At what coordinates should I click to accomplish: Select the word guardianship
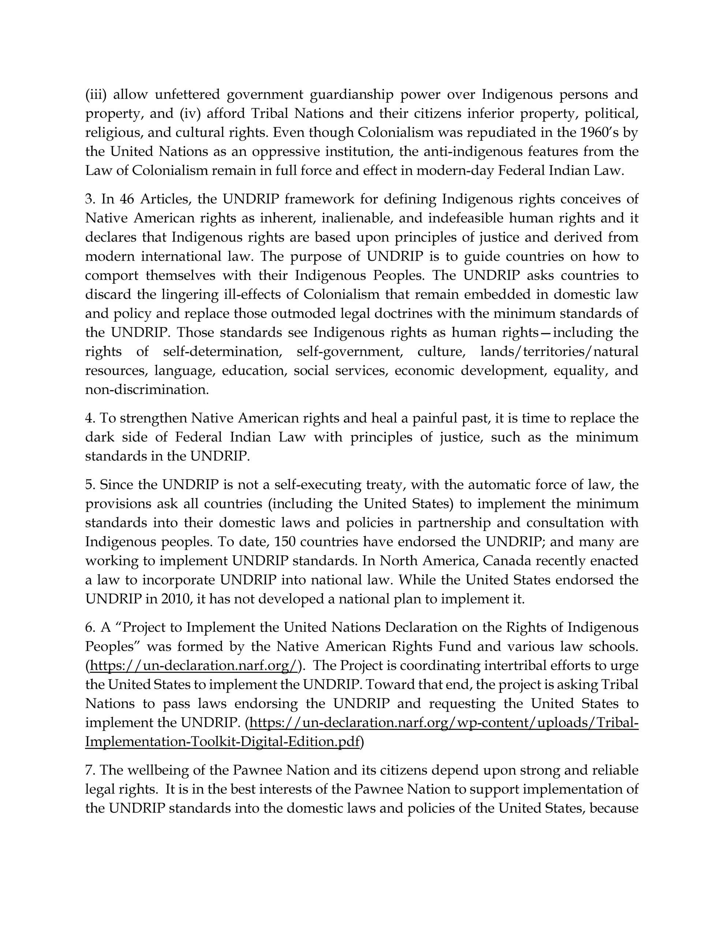pos(351,94)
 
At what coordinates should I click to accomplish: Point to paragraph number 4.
pos(89,418)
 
